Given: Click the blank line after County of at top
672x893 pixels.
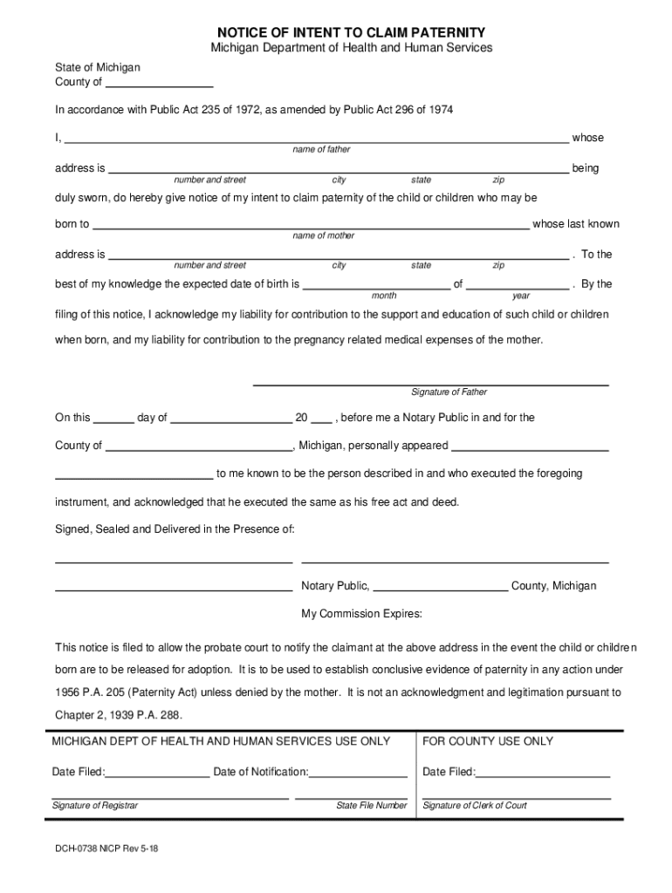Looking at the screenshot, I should click(159, 84).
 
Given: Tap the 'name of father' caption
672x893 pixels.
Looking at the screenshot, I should click(321, 150).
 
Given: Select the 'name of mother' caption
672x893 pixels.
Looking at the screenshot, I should click(323, 236).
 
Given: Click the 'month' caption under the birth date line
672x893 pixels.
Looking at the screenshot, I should click(384, 297).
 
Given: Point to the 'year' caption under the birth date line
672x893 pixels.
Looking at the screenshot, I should click(520, 297).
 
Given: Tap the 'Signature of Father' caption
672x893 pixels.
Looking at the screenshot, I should click(449, 392).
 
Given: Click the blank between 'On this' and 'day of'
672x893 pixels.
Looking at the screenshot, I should click(113, 419).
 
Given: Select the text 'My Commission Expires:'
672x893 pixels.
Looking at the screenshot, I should click(361, 614).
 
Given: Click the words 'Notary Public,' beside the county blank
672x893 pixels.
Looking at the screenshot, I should click(335, 586).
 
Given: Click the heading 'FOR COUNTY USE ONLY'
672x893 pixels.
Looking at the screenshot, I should click(488, 741).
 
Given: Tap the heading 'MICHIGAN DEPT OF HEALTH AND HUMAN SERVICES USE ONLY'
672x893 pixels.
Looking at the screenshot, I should click(221, 741).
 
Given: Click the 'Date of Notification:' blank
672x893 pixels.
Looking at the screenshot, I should click(359, 773).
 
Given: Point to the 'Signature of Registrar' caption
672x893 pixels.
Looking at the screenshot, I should click(94, 806).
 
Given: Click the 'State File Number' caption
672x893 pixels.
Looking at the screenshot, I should click(371, 806).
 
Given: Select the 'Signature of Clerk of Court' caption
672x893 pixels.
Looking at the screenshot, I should click(475, 806).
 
